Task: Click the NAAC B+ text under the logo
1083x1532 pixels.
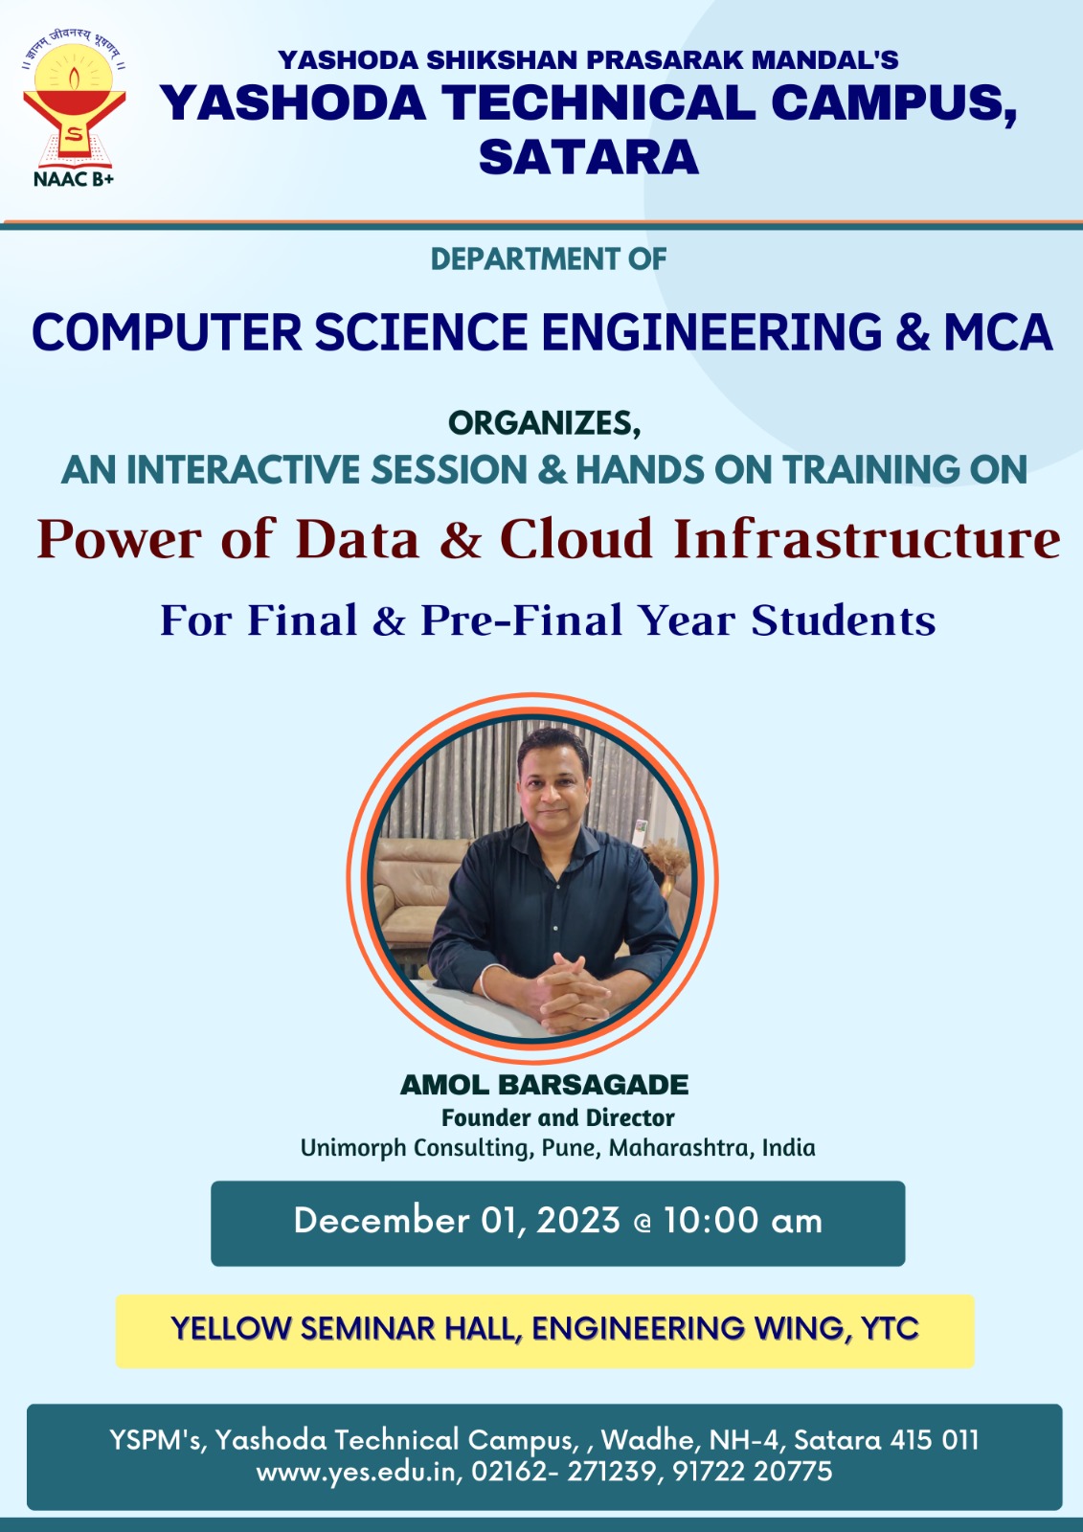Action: [74, 178]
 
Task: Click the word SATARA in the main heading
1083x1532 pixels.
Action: [588, 157]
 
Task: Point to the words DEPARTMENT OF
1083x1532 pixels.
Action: [549, 259]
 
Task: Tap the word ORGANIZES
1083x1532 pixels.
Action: [545, 423]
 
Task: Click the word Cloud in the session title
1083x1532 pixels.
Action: [576, 539]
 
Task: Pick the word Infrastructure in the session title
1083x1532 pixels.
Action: [867, 539]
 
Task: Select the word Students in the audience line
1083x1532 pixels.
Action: [844, 620]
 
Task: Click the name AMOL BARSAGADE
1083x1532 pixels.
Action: [544, 1085]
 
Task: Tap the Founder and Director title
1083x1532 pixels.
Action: [557, 1117]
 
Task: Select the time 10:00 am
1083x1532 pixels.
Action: [742, 1221]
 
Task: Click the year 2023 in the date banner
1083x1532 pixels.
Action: [578, 1221]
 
